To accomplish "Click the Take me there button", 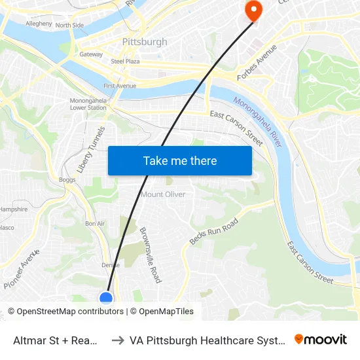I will click(180, 161).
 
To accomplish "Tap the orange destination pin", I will click(252, 9).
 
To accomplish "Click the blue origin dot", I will click(106, 298).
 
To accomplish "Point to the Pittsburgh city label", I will click(145, 42).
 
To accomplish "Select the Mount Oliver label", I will click(163, 194).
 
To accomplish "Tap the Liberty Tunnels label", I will click(90, 149).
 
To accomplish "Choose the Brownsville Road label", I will click(151, 255).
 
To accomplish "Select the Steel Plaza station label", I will click(126, 61).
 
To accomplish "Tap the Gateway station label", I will click(91, 54).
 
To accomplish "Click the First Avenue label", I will click(120, 86).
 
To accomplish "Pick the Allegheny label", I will click(39, 24).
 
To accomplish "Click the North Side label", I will click(69, 26).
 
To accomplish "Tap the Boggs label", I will click(67, 179).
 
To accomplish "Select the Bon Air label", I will click(95, 223).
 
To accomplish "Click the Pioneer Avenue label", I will click(22, 273).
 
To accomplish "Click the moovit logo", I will click(321, 340).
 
